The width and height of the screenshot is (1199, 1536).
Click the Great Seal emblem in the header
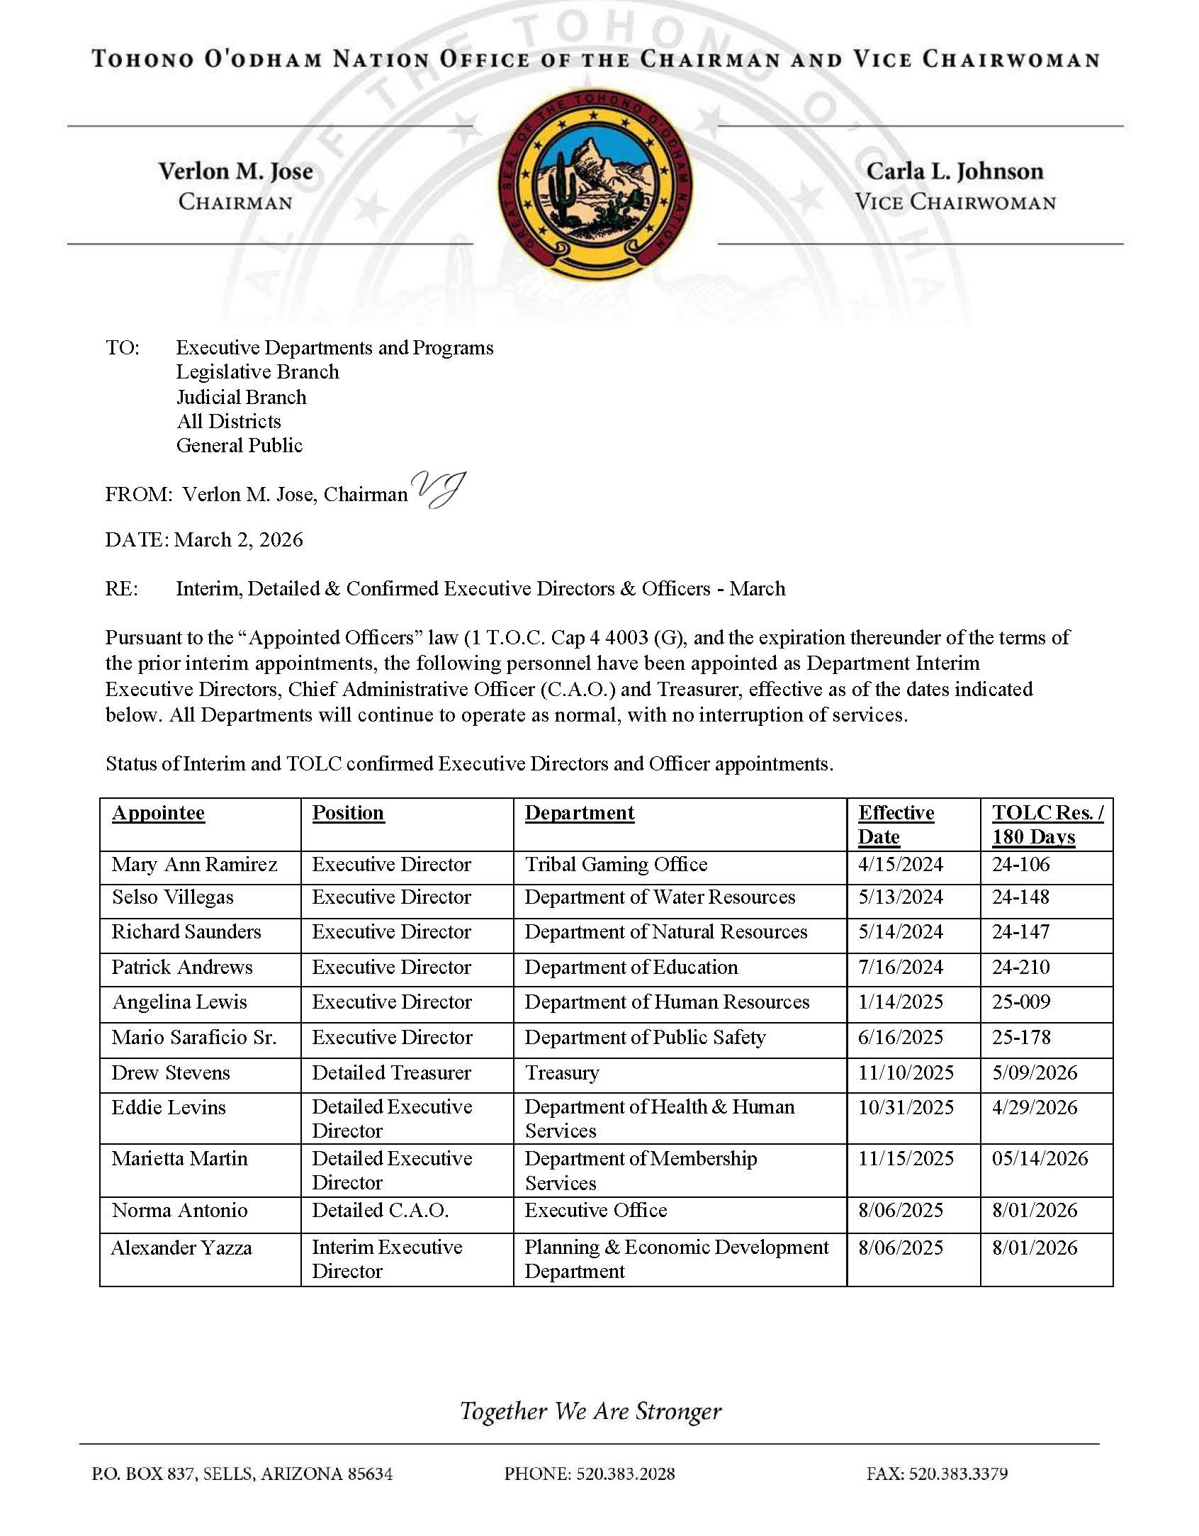(x=595, y=184)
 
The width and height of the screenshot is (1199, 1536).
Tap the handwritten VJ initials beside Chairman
(x=439, y=490)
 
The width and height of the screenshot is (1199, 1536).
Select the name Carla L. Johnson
(x=955, y=172)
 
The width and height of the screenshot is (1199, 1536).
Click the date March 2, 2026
(x=239, y=540)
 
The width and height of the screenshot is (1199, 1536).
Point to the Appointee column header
(x=158, y=813)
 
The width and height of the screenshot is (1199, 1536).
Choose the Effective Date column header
(x=896, y=824)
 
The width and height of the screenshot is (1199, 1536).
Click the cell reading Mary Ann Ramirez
(x=194, y=865)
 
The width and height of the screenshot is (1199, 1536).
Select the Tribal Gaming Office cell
(x=616, y=865)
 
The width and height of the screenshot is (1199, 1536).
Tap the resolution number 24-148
(x=1020, y=897)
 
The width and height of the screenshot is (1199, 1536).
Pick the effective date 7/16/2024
(x=900, y=968)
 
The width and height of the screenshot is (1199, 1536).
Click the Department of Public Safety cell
(x=645, y=1038)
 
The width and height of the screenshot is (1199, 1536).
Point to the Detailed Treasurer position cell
(x=391, y=1073)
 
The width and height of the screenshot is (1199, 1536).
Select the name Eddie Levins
(x=169, y=1108)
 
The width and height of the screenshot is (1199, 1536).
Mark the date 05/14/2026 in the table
(x=1040, y=1159)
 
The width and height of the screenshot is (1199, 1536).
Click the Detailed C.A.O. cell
(x=381, y=1211)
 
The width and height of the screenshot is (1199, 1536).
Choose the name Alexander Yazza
(x=181, y=1248)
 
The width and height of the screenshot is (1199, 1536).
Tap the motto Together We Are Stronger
(x=590, y=1411)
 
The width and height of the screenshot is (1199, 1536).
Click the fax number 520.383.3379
(x=937, y=1474)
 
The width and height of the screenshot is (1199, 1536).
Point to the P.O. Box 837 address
(x=242, y=1474)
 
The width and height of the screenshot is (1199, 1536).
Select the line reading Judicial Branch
(x=241, y=397)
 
